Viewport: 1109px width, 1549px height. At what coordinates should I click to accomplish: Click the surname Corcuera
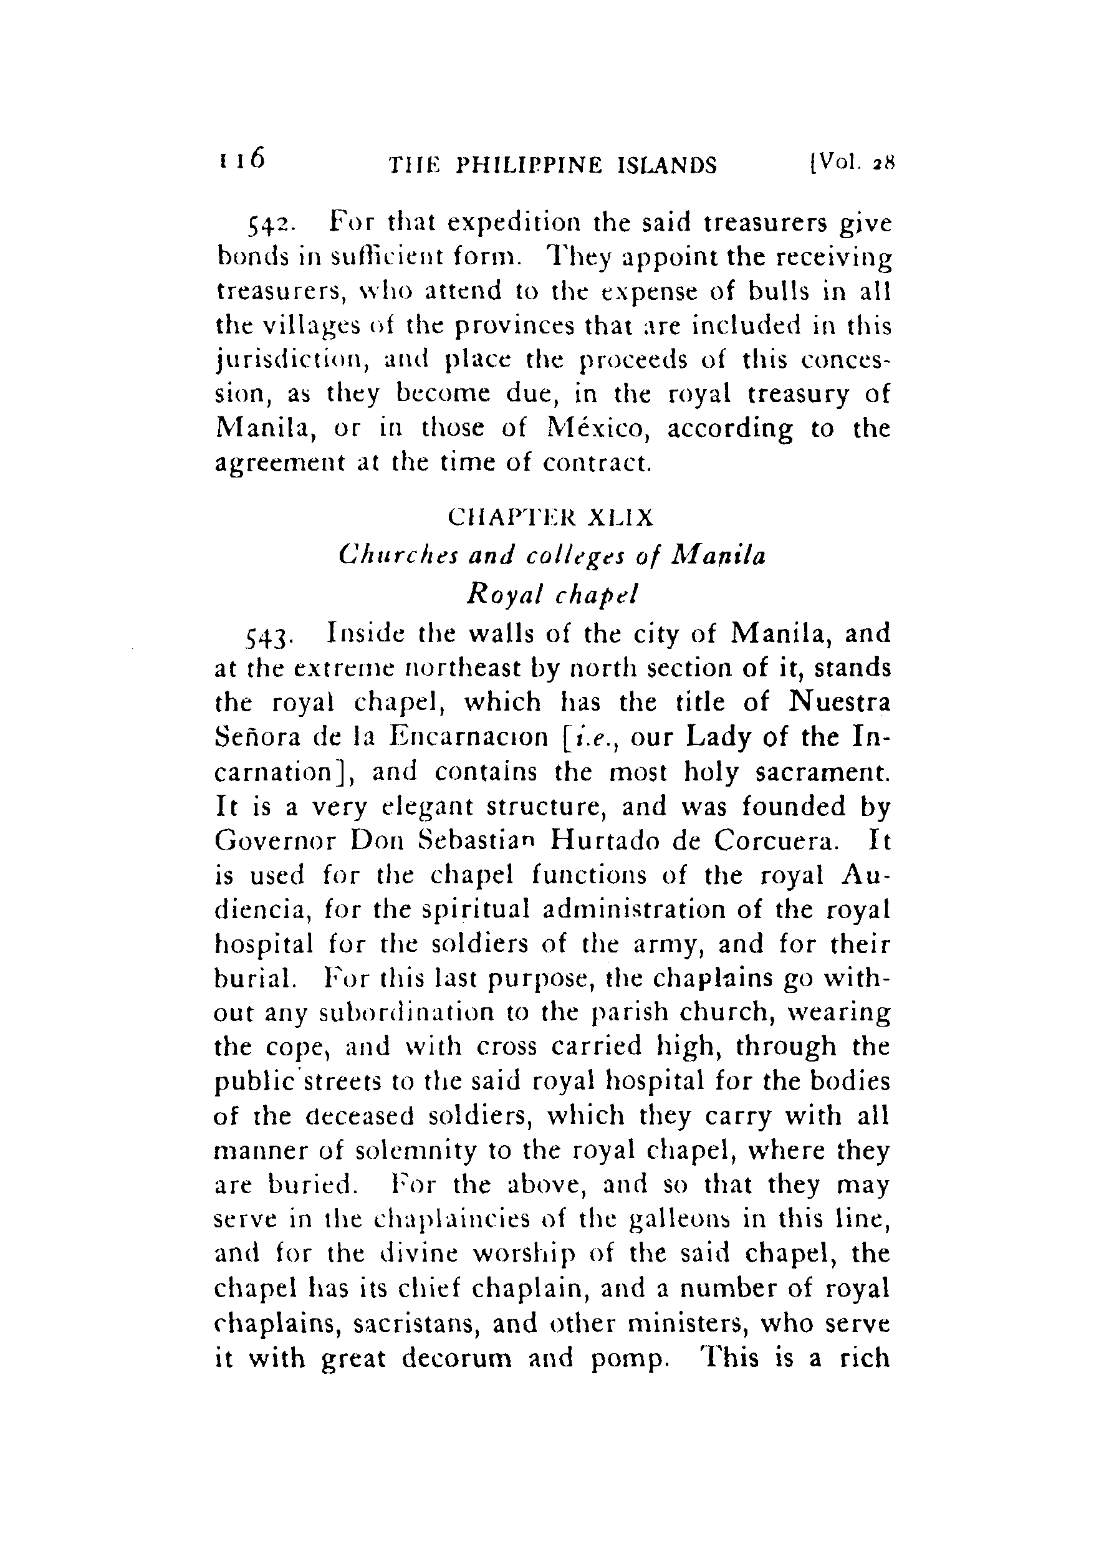pyautogui.click(x=774, y=840)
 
